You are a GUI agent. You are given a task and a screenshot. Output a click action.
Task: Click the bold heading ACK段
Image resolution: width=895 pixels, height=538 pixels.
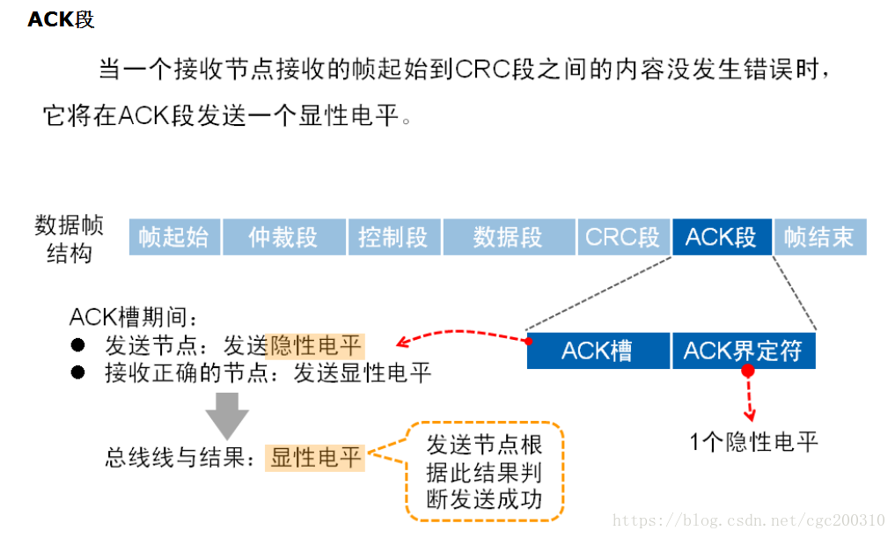[x=61, y=19]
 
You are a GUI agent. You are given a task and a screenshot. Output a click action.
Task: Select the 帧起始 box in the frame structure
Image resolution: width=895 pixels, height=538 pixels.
[x=173, y=238]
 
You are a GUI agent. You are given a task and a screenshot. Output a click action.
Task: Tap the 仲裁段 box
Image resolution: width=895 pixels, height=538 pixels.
[x=282, y=238]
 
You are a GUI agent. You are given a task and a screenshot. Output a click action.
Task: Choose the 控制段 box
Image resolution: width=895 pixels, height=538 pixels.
[x=392, y=238]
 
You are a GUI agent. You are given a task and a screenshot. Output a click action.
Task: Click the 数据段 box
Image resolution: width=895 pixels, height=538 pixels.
[x=508, y=238]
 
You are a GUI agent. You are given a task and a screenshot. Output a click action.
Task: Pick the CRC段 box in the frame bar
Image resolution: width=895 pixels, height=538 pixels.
[x=622, y=238]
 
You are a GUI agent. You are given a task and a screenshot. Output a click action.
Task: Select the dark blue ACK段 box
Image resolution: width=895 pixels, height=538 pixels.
[x=721, y=238]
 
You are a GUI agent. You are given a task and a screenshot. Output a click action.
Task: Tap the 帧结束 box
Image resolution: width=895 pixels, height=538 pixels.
[x=819, y=238]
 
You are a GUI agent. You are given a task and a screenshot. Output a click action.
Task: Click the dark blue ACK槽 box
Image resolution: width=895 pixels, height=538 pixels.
[x=597, y=350]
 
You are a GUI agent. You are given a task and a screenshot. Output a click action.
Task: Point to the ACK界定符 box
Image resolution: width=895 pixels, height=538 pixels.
[x=743, y=350]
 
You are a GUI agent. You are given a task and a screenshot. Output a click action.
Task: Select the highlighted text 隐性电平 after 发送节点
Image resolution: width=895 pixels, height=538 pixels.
[x=315, y=345]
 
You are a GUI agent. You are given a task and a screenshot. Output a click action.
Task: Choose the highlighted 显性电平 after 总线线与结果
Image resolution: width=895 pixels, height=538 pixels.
[x=315, y=457]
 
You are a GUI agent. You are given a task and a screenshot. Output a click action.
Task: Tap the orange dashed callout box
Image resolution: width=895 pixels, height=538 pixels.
[x=484, y=471]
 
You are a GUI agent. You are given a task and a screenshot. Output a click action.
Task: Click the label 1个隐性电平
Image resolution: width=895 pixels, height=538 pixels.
[x=754, y=441]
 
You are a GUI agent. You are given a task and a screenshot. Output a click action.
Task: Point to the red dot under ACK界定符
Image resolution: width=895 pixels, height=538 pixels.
[x=748, y=372]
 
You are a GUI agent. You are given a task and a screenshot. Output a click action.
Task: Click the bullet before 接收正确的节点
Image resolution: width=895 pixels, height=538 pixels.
[x=78, y=372]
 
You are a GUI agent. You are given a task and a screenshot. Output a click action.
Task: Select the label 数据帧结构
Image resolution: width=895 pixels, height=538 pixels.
[x=69, y=239]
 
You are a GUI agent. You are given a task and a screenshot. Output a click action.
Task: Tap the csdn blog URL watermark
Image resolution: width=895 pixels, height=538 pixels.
[x=748, y=520]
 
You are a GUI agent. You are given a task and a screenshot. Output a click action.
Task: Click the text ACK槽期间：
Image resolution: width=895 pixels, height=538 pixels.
[x=135, y=316]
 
